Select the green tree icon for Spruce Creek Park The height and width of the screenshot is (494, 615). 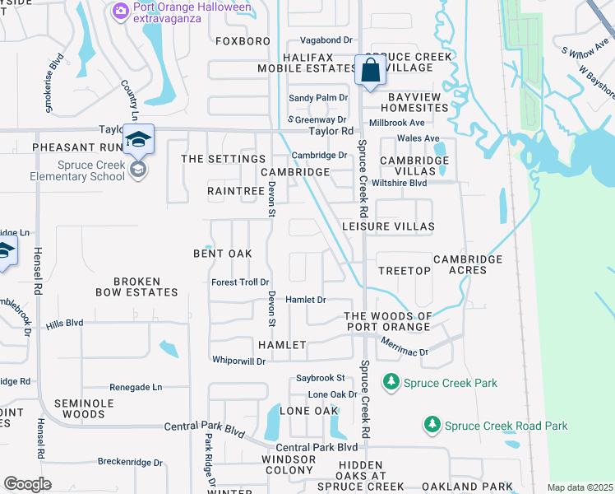(391, 382)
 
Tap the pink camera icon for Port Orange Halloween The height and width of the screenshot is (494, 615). (120, 9)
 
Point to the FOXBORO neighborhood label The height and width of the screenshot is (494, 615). (243, 40)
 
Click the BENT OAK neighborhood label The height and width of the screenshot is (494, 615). (222, 253)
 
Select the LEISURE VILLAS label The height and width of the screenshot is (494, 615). (387, 226)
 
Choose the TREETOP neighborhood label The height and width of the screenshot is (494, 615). (405, 270)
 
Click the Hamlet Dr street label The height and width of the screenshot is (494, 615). (306, 301)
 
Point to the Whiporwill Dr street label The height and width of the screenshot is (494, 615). (238, 361)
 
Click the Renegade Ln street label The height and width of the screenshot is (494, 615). (136, 386)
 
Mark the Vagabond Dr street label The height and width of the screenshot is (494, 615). (326, 40)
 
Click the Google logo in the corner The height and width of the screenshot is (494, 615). (27, 483)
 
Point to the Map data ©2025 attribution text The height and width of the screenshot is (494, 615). (580, 487)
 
